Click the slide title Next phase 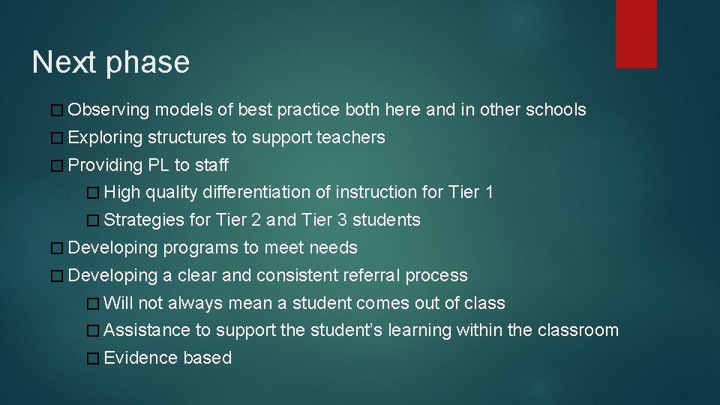pyautogui.click(x=111, y=62)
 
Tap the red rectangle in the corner pyautogui.click(x=636, y=34)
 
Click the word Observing pyautogui.click(x=109, y=110)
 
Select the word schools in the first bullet pyautogui.click(x=556, y=110)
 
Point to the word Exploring pyautogui.click(x=105, y=138)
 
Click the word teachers pyautogui.click(x=351, y=138)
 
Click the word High pyautogui.click(x=122, y=193)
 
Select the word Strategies pyautogui.click(x=144, y=220)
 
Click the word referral pyautogui.click(x=371, y=275)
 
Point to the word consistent pyautogui.click(x=296, y=275)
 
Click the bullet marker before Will pyautogui.click(x=92, y=304)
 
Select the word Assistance pyautogui.click(x=147, y=331)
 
